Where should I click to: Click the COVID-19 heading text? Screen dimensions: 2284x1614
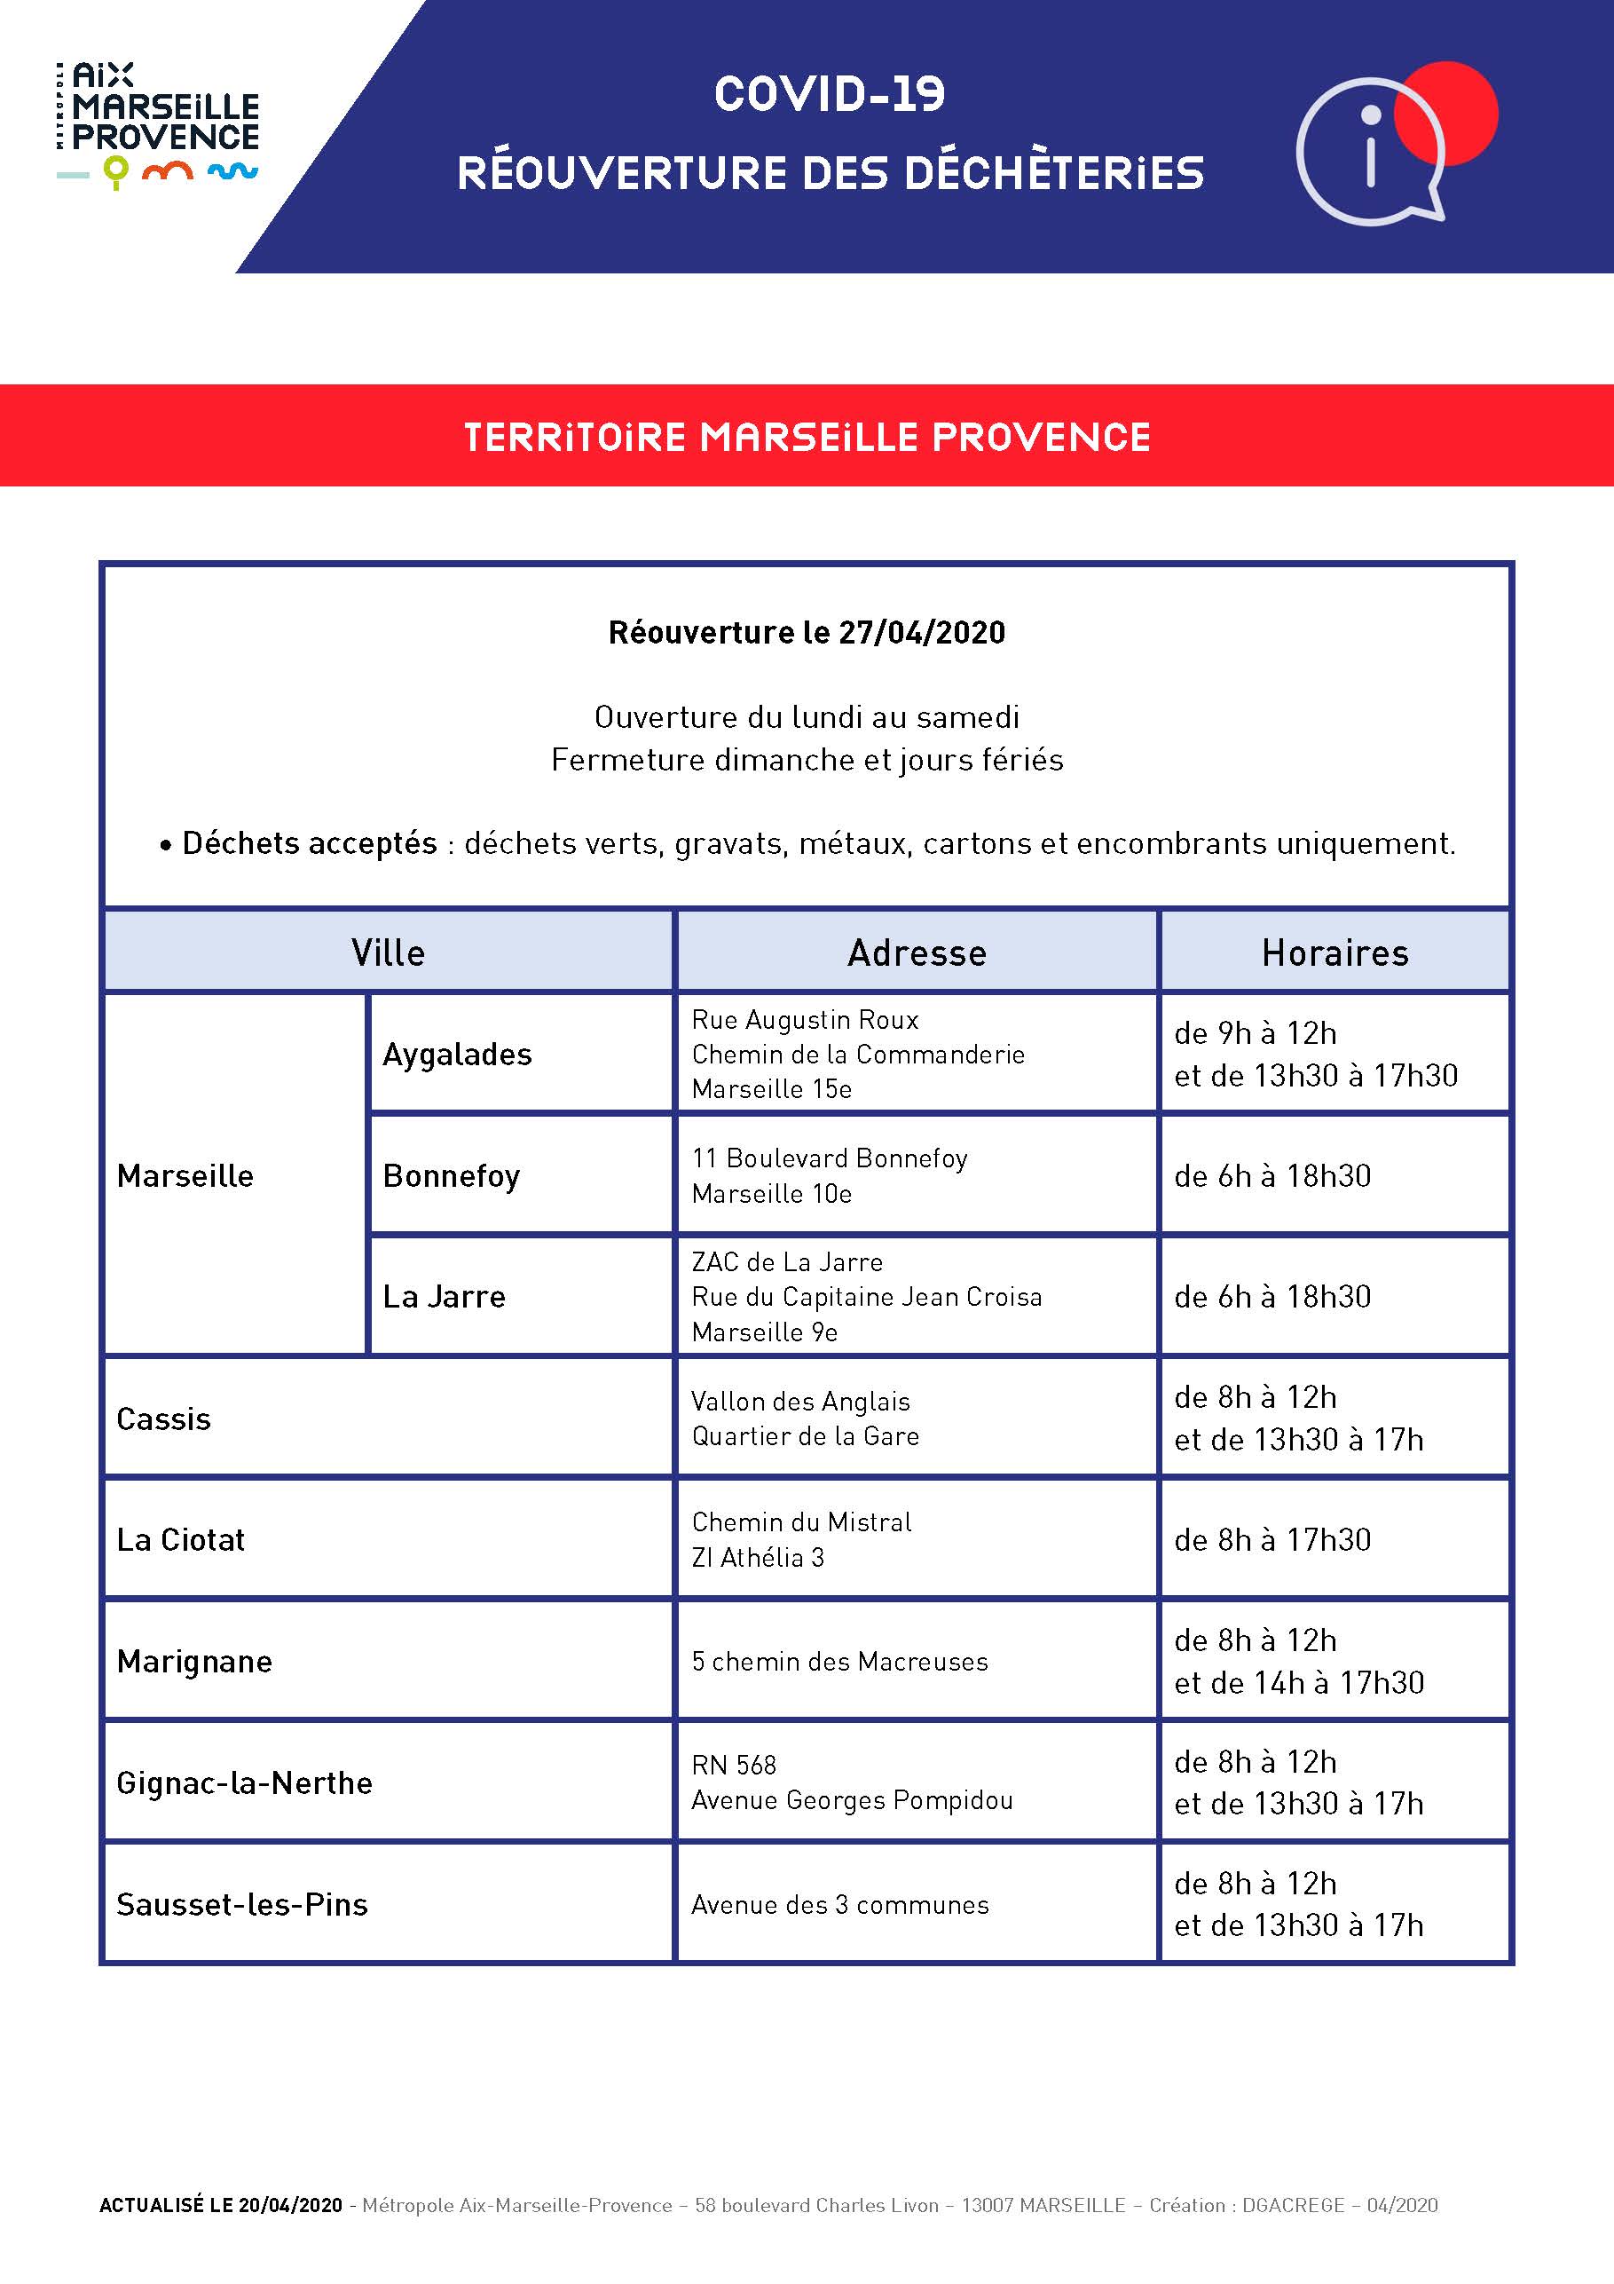pyautogui.click(x=830, y=94)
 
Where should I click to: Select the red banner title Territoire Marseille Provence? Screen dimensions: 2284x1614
pyautogui.click(x=807, y=437)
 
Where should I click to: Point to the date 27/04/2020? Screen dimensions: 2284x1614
pyautogui.click(x=922, y=633)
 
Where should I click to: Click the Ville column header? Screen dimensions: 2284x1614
pyautogui.click(x=388, y=953)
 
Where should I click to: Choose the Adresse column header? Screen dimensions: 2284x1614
pyautogui.click(x=917, y=953)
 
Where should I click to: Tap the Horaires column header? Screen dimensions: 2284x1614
pyautogui.click(x=1335, y=953)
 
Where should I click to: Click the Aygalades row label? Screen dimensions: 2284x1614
pyautogui.click(x=458, y=1055)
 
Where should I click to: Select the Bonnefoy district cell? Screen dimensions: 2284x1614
pyautogui.click(x=452, y=1176)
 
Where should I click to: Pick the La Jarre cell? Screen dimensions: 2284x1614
pyautogui.click(x=445, y=1297)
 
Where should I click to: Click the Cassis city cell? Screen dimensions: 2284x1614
pyautogui.click(x=164, y=1419)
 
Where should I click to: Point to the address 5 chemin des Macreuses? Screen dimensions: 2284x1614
pyautogui.click(x=839, y=1661)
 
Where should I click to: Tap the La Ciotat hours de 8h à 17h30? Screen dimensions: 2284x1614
pyautogui.click(x=1272, y=1540)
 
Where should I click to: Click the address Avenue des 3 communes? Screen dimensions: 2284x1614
pyautogui.click(x=839, y=1905)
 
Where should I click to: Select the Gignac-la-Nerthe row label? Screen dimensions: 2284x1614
pyautogui.click(x=245, y=1782)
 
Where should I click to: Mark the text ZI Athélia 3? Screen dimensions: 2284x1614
pyautogui.click(x=758, y=1558)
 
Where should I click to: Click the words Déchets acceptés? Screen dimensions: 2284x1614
pyautogui.click(x=310, y=843)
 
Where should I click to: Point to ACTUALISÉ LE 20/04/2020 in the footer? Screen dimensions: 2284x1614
pyautogui.click(x=221, y=2205)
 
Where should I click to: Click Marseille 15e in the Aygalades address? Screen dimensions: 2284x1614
pyautogui.click(x=772, y=1089)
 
